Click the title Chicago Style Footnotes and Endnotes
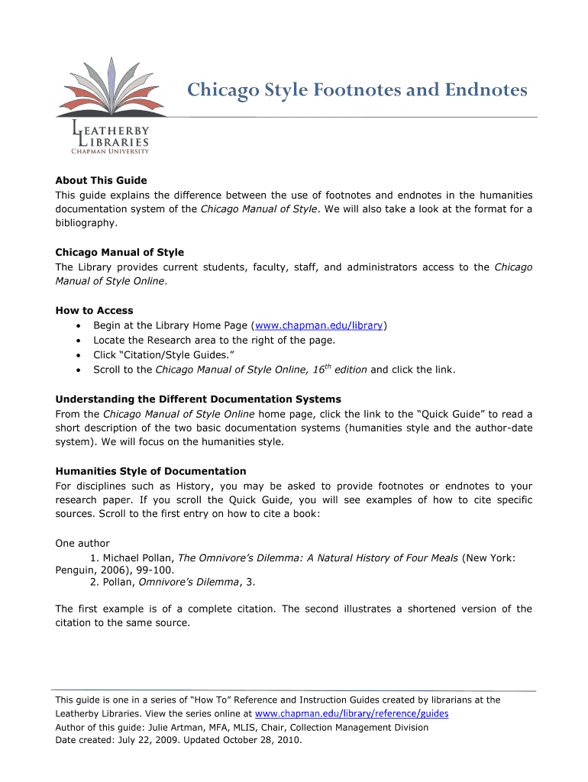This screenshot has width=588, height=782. coord(357,90)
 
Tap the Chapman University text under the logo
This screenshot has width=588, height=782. coord(110,151)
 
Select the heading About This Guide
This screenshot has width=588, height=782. coord(101,181)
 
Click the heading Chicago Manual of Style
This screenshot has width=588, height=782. coord(119,252)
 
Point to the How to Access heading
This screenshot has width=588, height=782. coord(94,311)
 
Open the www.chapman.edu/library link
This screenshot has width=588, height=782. coord(319,325)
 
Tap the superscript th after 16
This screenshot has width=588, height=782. coord(328,367)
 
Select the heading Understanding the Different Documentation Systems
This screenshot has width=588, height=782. coord(198,399)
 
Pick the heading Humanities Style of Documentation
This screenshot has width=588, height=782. coord(150,471)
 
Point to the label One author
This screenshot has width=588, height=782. coord(82,544)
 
